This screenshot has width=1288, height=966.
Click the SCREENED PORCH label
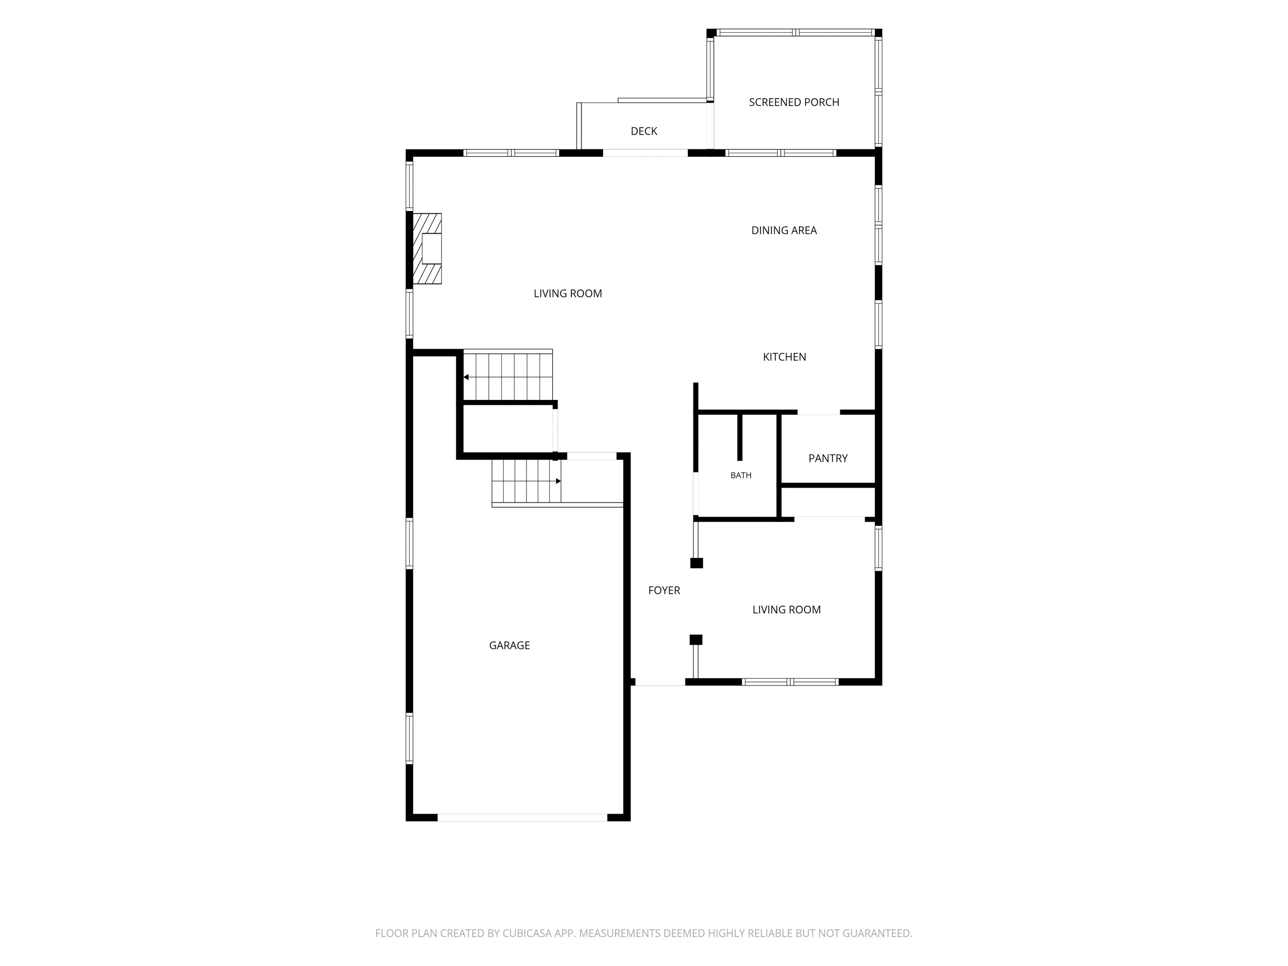[794, 102]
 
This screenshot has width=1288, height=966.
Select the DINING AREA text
[784, 231]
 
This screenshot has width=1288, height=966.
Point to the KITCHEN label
[784, 357]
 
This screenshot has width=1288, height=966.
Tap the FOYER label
[664, 590]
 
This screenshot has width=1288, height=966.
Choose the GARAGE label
[509, 645]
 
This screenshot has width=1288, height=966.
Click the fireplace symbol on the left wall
[427, 249]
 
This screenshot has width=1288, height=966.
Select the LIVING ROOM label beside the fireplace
[568, 293]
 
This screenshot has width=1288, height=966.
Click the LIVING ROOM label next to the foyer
[787, 610]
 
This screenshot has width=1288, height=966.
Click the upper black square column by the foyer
[696, 563]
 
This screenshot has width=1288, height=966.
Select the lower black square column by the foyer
[696, 640]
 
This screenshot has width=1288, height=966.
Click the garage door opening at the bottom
[522, 818]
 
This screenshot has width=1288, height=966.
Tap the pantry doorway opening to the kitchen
[819, 412]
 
